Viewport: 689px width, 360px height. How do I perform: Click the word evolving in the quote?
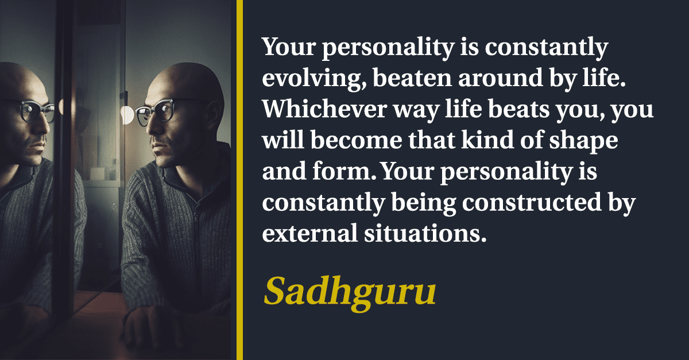[x=314, y=79]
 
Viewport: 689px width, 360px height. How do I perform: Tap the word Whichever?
[x=324, y=109]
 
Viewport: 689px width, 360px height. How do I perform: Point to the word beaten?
[x=412, y=78]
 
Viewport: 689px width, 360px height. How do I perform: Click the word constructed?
[x=532, y=202]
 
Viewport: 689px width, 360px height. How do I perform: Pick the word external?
[x=309, y=233]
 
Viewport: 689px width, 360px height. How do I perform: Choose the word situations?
[x=425, y=233]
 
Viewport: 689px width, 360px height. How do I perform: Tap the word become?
[x=357, y=140]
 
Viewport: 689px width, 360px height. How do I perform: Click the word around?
[x=501, y=78]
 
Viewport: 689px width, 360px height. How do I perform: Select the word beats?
[x=519, y=110]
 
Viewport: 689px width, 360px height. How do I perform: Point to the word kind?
[x=487, y=140]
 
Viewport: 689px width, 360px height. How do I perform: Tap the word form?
[x=344, y=171]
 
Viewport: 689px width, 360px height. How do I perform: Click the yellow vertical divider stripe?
[x=239, y=180]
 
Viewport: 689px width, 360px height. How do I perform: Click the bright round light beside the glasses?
[x=127, y=115]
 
